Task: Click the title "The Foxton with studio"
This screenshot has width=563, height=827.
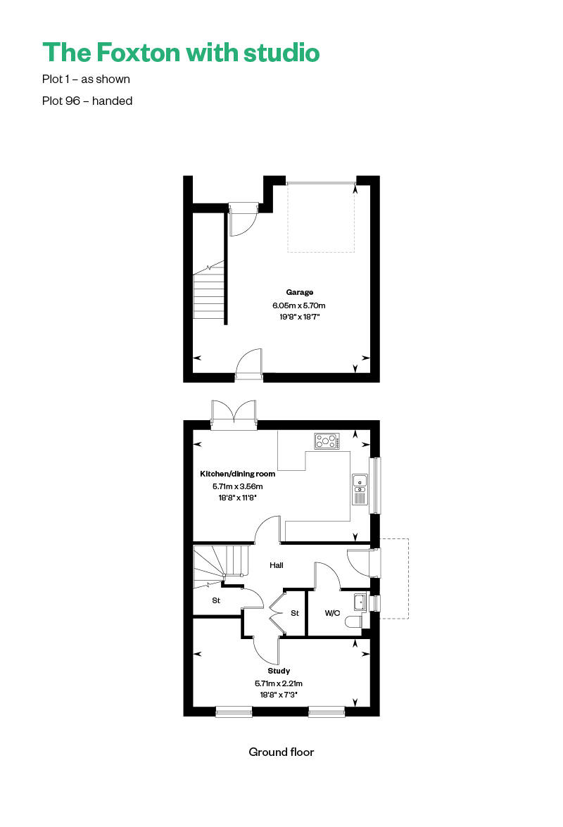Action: (x=181, y=53)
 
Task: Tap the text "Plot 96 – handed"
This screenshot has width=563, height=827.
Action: (x=87, y=101)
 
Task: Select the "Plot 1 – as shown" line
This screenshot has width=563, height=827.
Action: (x=86, y=80)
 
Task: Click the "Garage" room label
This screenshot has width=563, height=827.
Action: (x=299, y=292)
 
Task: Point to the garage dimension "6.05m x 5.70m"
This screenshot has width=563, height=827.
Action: (x=299, y=305)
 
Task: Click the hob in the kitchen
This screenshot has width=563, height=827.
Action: (x=327, y=441)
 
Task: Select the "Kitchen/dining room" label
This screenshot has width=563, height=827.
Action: (x=238, y=474)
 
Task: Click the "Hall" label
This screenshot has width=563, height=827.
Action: (x=277, y=565)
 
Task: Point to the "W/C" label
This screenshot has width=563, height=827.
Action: (x=332, y=613)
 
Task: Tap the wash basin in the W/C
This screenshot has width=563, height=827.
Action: (x=360, y=602)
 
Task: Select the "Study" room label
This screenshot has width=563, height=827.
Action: (x=279, y=671)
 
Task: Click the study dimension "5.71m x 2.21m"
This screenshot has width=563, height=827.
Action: (x=279, y=683)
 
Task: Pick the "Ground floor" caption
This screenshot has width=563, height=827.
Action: (x=281, y=752)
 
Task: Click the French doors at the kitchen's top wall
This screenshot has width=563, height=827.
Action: (x=234, y=416)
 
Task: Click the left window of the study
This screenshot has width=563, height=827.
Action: (x=234, y=712)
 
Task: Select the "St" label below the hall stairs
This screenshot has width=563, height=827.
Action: (x=216, y=601)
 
